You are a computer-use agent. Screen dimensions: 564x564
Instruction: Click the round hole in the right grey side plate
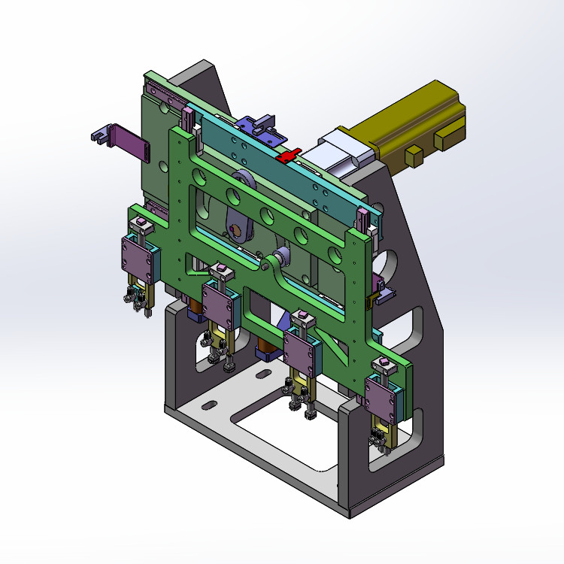[390, 263]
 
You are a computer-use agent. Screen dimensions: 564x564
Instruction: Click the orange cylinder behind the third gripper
[265, 346]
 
